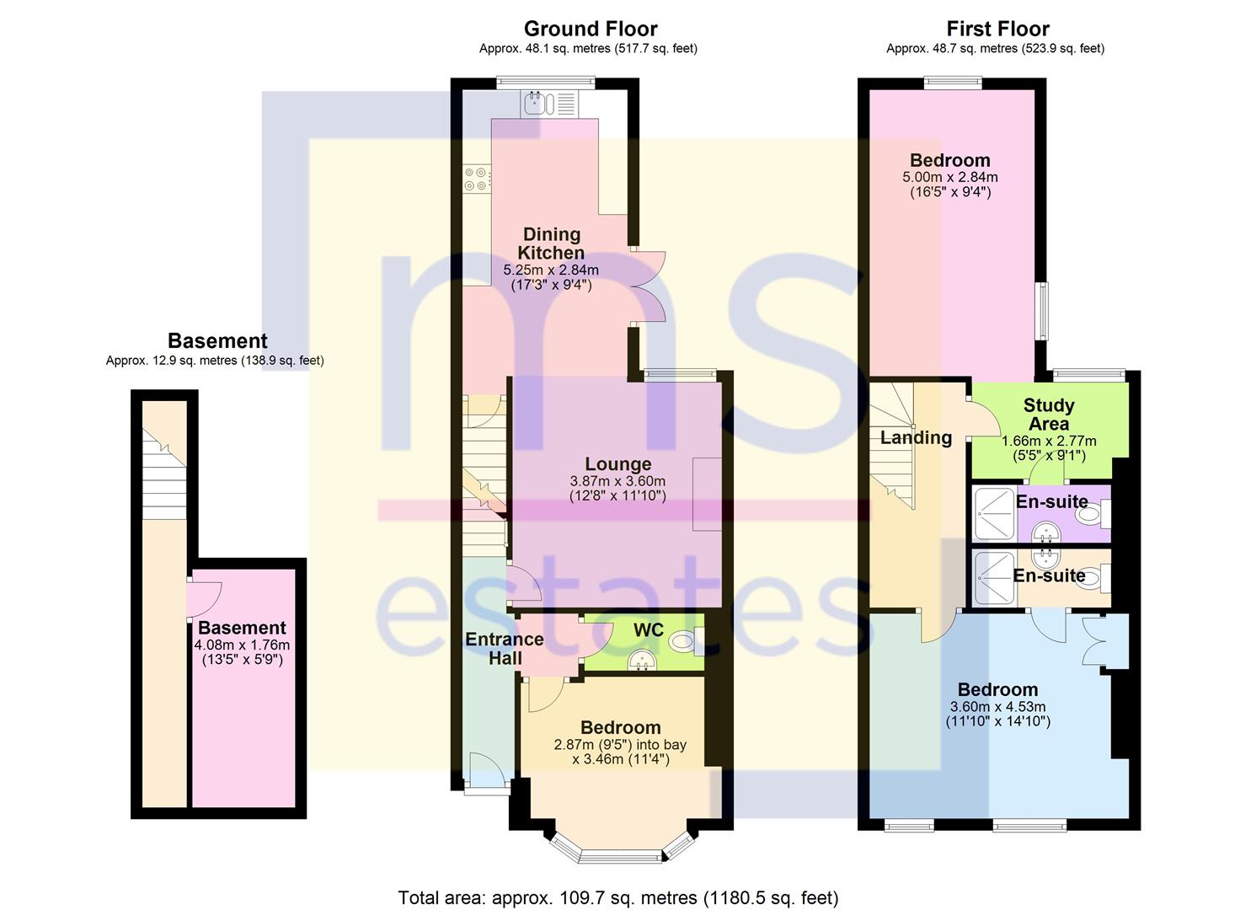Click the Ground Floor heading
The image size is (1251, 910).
pos(591,29)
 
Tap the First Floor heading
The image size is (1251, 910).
pos(997,29)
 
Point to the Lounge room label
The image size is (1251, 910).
pos(617,463)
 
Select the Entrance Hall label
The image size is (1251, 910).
pos(505,649)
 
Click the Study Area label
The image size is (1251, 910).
pos(1048,415)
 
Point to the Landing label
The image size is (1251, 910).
pos(916,437)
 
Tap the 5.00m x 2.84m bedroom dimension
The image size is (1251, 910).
pos(950,177)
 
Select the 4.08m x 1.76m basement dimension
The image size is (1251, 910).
pos(242,645)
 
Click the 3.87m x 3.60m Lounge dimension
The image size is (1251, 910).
pos(617,481)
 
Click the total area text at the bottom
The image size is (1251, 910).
pos(617,882)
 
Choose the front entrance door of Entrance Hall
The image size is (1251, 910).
pos(487,773)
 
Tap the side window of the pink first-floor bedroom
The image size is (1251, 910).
pos(1042,311)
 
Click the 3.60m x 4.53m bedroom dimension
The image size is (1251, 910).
pos(997,707)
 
